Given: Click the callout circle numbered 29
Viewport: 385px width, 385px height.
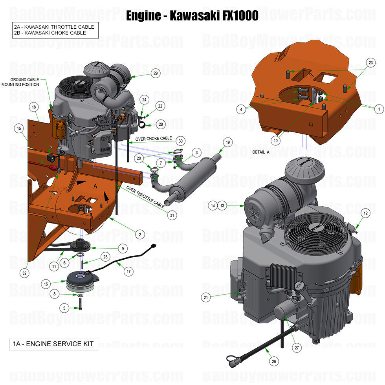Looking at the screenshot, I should [x=156, y=73].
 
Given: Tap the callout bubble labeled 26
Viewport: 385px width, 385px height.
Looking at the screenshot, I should [x=274, y=361].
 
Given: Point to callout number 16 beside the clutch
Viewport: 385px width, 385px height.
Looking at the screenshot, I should [x=46, y=284].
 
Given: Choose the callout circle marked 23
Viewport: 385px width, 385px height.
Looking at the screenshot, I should [x=370, y=62].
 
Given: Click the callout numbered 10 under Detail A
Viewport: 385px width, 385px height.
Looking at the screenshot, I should [x=275, y=140].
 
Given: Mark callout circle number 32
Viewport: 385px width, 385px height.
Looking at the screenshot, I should [x=25, y=272].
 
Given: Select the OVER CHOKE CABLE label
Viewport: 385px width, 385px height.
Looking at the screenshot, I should [x=154, y=139].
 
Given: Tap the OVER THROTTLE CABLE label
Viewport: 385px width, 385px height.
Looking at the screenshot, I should [x=145, y=196].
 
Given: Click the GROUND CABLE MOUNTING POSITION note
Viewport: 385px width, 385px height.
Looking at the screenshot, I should [x=20, y=82].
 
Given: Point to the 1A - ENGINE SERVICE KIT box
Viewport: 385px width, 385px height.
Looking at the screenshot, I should [x=53, y=344].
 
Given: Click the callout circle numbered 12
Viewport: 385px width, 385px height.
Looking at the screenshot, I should [x=365, y=213].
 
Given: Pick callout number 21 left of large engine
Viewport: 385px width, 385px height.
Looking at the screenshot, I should [x=205, y=297].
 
